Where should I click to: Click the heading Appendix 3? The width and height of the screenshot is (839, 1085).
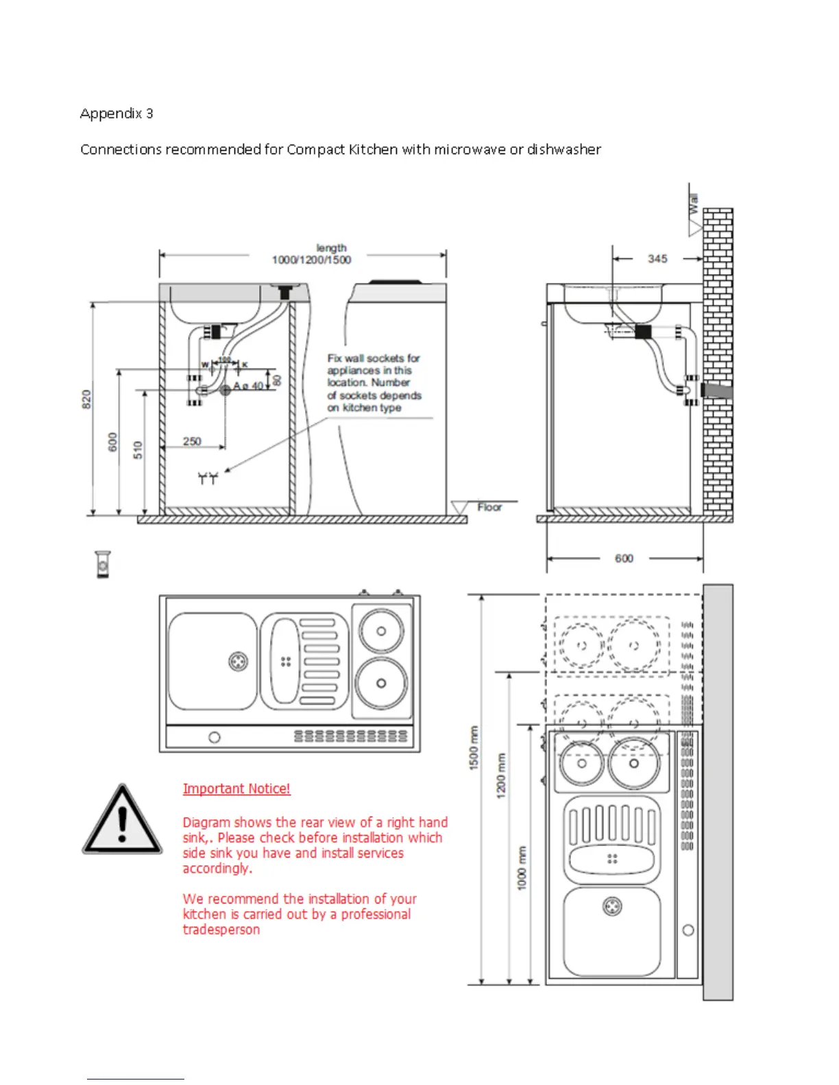pos(117,114)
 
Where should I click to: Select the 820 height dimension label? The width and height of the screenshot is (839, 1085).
pos(86,399)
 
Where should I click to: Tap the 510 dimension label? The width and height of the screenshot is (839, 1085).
pos(138,450)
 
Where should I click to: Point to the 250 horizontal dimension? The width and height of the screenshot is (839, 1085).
pos(192,441)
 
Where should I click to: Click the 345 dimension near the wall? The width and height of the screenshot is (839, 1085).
pos(657,259)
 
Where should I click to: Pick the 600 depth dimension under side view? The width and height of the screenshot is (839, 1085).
pos(624,558)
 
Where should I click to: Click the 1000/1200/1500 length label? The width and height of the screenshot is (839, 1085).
pos(311,260)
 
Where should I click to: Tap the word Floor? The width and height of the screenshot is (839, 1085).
pos(489,507)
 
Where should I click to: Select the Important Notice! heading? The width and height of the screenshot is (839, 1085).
pos(236,788)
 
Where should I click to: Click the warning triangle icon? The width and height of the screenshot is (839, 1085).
pos(122,821)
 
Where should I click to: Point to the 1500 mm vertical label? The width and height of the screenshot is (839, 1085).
pos(474,748)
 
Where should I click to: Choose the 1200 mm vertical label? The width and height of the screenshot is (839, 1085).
pos(501,775)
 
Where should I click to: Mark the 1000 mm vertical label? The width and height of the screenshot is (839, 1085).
pos(522,868)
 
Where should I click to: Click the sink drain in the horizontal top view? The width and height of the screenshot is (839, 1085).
pos(238,662)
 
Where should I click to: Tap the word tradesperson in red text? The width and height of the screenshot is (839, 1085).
pos(221,930)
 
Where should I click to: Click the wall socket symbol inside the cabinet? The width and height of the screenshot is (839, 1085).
pos(208,478)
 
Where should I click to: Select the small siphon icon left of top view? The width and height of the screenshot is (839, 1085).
pos(103,564)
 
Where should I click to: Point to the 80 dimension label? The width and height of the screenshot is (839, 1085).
pos(277,380)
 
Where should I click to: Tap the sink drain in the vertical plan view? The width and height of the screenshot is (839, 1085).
pos(612,907)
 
